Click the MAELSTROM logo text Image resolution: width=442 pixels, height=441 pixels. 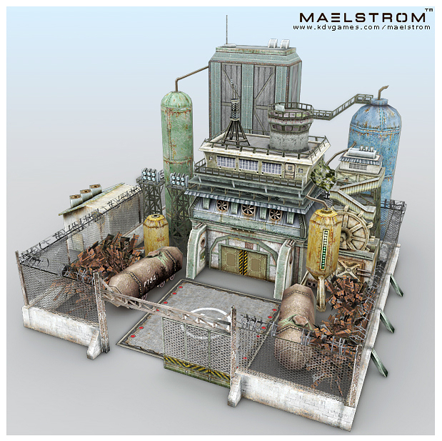[362, 17]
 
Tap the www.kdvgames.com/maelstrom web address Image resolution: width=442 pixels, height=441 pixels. [361, 27]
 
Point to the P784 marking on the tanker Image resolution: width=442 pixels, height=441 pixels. [149, 282]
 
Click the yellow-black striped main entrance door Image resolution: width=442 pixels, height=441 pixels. [243, 262]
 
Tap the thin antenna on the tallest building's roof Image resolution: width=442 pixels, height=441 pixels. [226, 30]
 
